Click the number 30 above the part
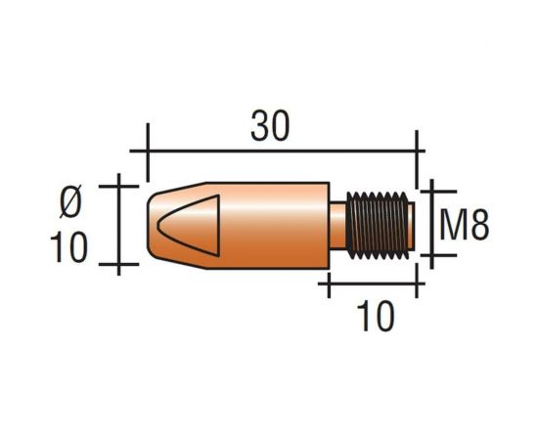[269, 127]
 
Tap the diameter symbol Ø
[71, 202]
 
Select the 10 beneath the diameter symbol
[69, 247]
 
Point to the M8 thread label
[463, 226]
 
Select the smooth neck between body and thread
[338, 226]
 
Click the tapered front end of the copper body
[157, 225]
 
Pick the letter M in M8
[451, 226]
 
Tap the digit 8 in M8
[476, 226]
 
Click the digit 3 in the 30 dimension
[257, 127]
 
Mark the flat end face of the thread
[414, 226]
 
